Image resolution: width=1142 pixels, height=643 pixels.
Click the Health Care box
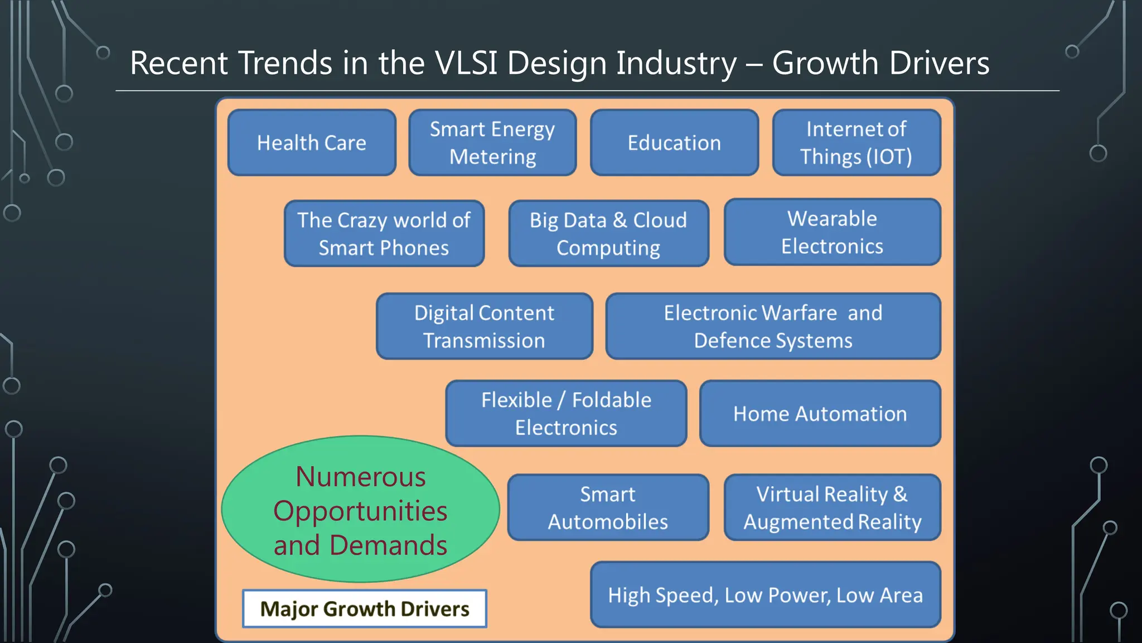312,143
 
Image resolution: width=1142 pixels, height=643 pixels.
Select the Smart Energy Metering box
492,143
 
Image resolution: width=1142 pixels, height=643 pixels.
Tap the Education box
674,143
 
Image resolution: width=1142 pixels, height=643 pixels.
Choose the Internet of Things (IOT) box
856,143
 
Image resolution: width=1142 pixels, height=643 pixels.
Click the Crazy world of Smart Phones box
384,234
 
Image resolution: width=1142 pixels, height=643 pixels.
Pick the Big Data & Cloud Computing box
608,234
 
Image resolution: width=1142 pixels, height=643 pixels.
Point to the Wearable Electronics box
832,232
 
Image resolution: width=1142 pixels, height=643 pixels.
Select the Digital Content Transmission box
484,327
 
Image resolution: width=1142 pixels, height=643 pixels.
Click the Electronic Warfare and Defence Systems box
773,327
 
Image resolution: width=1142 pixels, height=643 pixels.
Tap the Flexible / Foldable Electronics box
566,414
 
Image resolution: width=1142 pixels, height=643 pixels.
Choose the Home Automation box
820,414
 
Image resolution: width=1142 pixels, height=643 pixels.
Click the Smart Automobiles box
608,507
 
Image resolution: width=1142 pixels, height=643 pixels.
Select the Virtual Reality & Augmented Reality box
832,507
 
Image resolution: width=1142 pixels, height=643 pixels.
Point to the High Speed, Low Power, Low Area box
765,595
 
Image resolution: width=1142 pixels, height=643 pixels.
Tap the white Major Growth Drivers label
365,609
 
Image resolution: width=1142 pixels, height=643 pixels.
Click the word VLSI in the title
466,63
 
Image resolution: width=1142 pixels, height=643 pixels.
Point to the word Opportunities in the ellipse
360,511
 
